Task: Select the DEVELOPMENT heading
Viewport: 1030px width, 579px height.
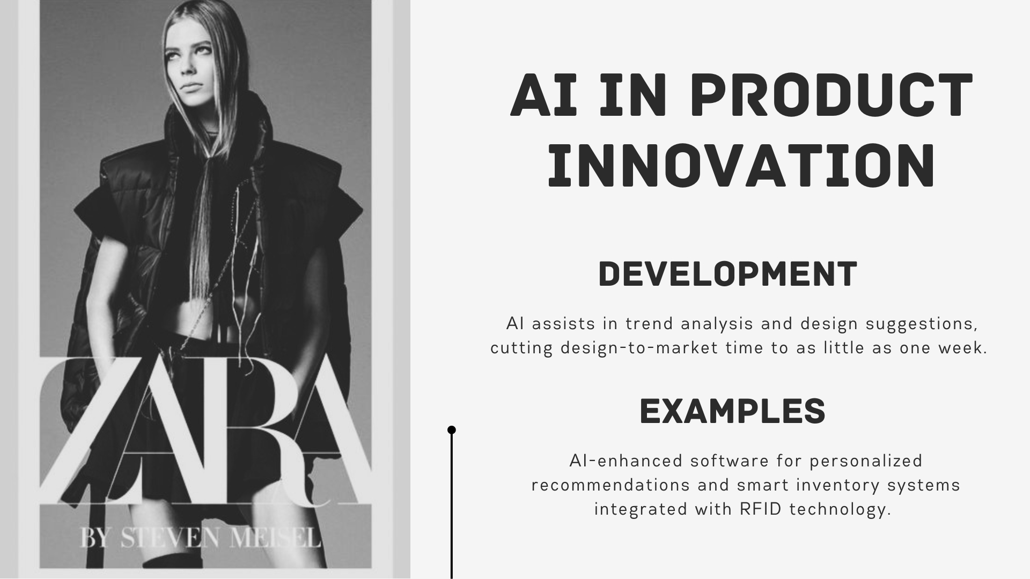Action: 727,274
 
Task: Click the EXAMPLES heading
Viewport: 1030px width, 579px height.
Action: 732,412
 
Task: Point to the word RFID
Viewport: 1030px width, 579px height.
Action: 761,509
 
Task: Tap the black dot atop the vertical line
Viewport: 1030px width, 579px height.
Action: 452,430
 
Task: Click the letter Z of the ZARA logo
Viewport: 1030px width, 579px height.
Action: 75,429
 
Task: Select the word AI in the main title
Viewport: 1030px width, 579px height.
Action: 543,96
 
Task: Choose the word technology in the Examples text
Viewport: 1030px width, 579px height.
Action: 840,509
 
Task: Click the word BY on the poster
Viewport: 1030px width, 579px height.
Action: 97,538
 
